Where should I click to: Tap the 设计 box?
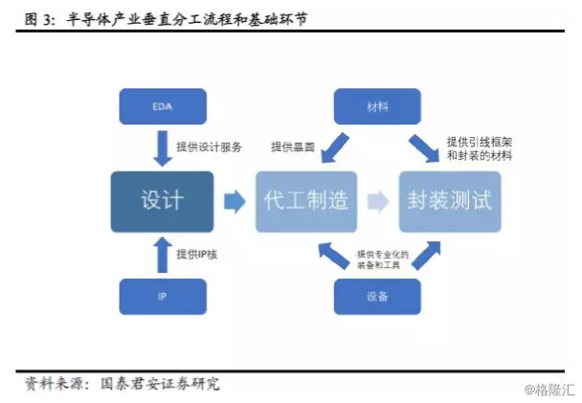click(x=161, y=201)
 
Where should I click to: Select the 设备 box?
click(x=377, y=297)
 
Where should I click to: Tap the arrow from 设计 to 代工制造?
click(x=234, y=201)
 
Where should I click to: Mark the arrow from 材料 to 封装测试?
click(x=423, y=149)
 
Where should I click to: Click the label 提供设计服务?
click(x=210, y=147)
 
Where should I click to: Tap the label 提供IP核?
click(x=200, y=254)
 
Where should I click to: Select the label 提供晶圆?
click(x=293, y=147)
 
